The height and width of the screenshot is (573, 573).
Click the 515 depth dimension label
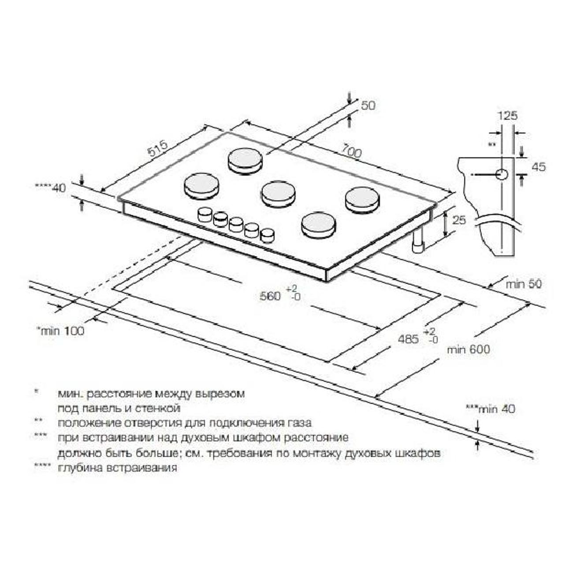(x=158, y=148)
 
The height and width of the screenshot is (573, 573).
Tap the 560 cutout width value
(x=270, y=296)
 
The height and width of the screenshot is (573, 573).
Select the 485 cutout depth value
(x=408, y=339)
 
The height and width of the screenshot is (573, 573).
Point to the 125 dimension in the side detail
(x=507, y=115)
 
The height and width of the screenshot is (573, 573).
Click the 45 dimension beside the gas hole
(x=539, y=167)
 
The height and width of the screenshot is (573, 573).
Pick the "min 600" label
(x=469, y=350)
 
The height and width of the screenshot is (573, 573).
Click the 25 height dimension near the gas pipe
(x=459, y=220)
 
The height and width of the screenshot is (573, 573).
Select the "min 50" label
(x=524, y=284)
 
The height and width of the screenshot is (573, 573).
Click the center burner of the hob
(x=278, y=195)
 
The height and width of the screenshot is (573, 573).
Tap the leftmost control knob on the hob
(x=204, y=215)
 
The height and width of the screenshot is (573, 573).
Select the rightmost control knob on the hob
(x=267, y=236)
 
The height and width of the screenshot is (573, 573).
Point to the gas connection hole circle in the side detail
(x=502, y=174)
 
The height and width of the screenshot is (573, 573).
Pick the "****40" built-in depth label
(x=51, y=188)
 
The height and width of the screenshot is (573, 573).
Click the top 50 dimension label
(x=368, y=105)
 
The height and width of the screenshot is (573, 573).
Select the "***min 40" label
(x=490, y=409)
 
